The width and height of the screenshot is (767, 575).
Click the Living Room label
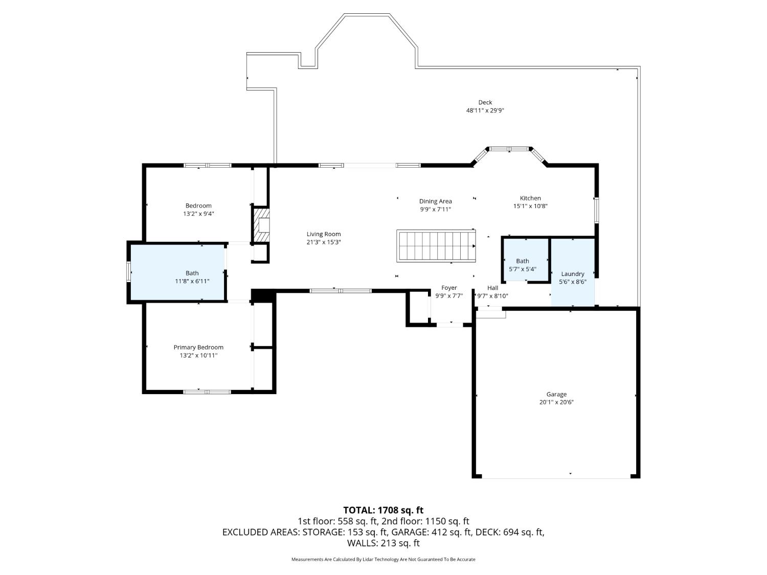[324, 234]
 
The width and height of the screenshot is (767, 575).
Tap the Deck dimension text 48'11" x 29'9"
[485, 111]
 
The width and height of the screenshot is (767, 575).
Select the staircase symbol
[436, 246]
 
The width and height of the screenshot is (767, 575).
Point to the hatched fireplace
[261, 225]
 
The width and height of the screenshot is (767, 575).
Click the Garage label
[556, 394]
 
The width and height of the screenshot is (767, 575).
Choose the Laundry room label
[572, 274]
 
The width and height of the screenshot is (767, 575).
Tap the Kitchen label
[530, 198]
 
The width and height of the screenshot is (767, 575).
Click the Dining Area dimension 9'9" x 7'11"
[435, 210]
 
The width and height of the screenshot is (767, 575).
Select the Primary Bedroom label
[198, 348]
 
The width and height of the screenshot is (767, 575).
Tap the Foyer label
[449, 288]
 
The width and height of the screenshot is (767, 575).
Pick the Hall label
[493, 288]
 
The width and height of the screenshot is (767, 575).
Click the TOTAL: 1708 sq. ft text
[383, 510]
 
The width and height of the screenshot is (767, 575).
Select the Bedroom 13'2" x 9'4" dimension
[198, 214]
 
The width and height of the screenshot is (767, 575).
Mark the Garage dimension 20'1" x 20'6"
[556, 402]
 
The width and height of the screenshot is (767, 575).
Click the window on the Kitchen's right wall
[596, 210]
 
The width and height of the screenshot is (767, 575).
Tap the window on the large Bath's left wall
[128, 271]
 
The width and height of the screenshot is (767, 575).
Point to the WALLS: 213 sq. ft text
[383, 543]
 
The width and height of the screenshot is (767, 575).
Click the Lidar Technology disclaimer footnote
[383, 559]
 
